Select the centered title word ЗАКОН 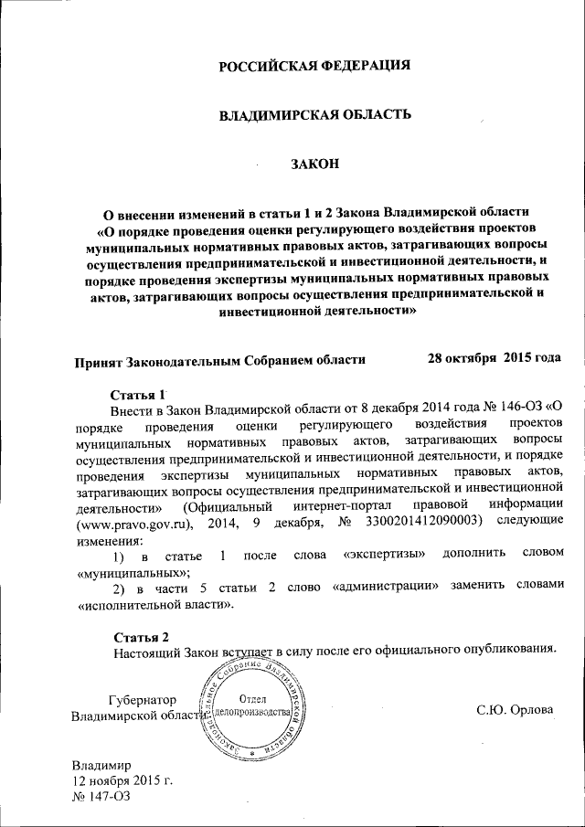(314, 164)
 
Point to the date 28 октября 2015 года (494, 357)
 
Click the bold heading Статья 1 (137, 395)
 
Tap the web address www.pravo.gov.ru (131, 523)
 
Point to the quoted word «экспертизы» (383, 556)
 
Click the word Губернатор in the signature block (142, 700)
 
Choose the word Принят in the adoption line (99, 359)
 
